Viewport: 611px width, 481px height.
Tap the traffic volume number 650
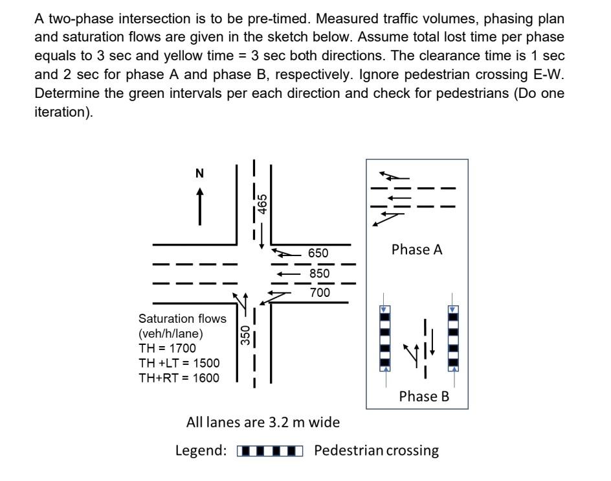tap(318, 253)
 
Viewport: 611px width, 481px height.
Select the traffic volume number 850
tap(319, 274)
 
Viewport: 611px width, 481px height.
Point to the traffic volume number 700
tap(319, 293)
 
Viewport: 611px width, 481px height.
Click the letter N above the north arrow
tap(199, 173)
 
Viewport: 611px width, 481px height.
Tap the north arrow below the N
tap(199, 206)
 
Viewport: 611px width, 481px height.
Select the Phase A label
tap(417, 250)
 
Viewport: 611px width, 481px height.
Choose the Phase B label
tap(423, 396)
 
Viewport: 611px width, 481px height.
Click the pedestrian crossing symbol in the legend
tap(270, 451)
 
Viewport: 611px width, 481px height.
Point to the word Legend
tap(201, 451)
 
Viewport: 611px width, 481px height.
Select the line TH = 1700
tap(167, 348)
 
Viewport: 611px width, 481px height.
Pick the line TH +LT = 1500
tap(179, 363)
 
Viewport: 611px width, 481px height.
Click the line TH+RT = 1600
tap(179, 378)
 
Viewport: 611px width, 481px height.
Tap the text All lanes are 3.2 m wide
tap(263, 423)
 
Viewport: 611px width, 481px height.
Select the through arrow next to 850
tap(288, 274)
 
